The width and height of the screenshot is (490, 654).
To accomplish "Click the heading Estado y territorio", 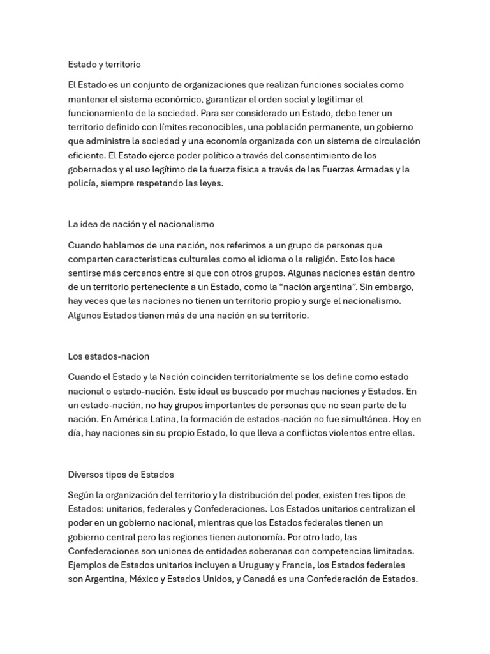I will point(105,65).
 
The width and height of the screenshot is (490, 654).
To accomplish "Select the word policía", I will point(82,183).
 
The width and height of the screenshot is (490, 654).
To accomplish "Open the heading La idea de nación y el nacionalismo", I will point(141,224).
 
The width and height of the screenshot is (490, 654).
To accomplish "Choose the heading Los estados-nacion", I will point(108,356).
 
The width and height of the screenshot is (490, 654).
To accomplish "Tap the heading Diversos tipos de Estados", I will point(121,475).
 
